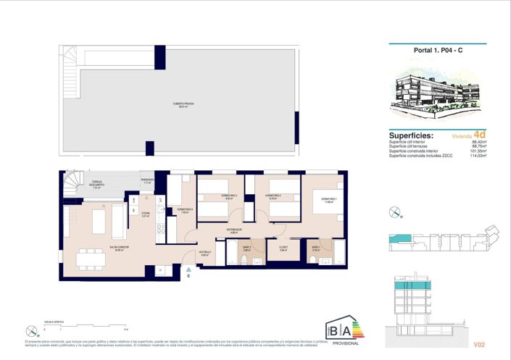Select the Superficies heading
point(411,135)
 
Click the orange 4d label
point(479,134)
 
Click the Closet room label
point(283,247)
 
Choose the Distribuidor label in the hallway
point(233,230)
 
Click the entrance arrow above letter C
point(188,269)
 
